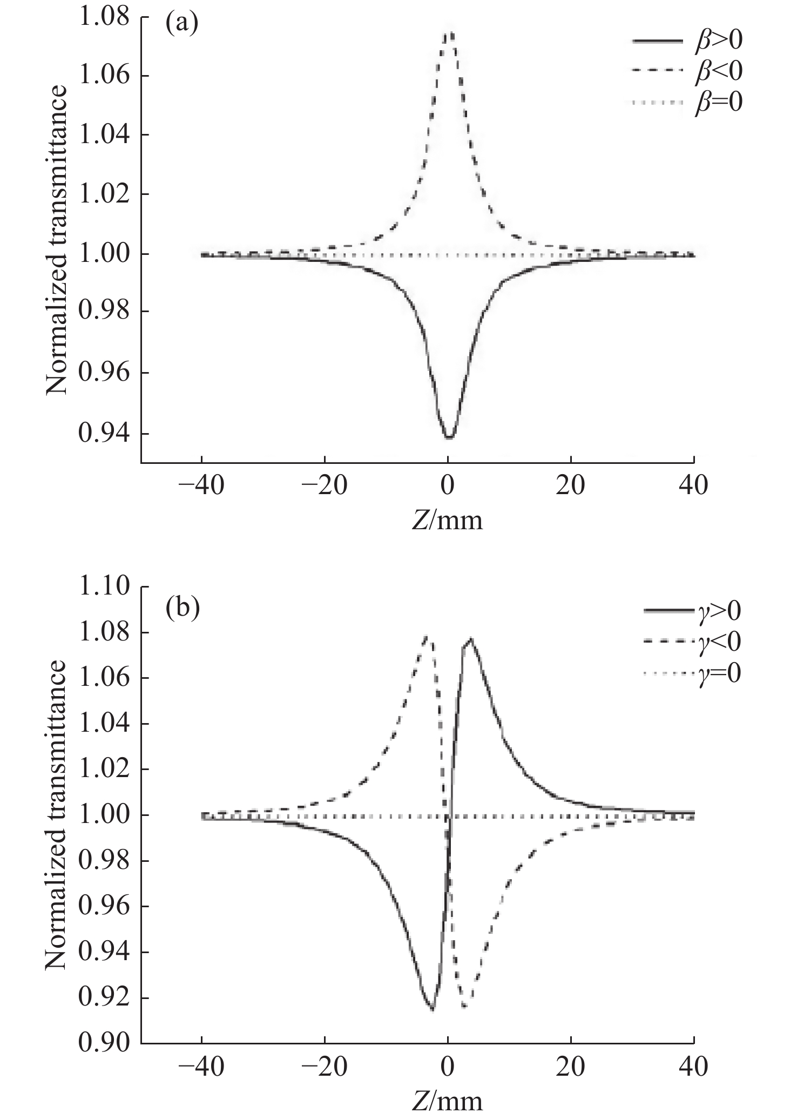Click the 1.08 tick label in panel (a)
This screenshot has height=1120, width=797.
pos(104,17)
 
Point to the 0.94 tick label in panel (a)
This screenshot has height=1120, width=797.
pos(104,434)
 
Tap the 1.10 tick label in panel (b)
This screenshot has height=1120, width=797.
pos(104,586)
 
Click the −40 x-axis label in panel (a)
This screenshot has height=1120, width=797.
pos(201,486)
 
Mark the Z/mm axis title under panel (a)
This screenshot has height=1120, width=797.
pos(447,521)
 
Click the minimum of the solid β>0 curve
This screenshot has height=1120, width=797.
pos(449,437)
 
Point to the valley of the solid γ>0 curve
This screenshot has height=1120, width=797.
pos(432,1009)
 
